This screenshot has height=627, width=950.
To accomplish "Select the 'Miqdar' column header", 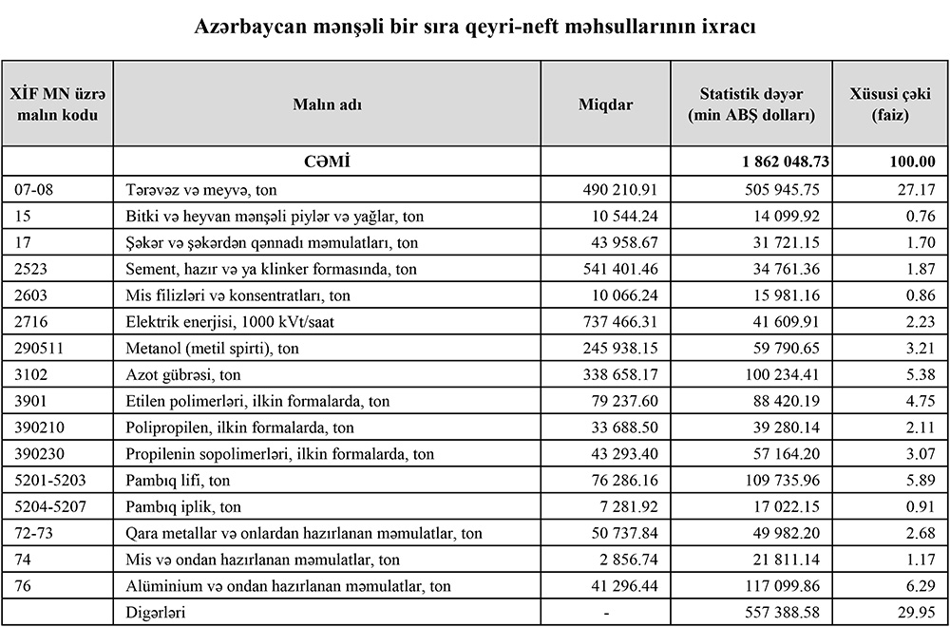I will click(x=605, y=104).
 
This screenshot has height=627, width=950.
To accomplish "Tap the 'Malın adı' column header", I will click(x=327, y=104).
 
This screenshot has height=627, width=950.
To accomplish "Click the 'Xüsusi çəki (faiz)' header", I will click(x=889, y=104).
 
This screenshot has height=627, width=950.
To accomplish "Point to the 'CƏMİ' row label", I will click(x=327, y=162).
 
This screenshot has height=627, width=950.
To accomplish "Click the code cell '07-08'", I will click(x=35, y=189).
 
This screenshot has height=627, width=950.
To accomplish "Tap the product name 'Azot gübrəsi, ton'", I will click(x=183, y=374).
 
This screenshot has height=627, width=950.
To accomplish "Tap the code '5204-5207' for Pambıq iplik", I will click(x=50, y=506).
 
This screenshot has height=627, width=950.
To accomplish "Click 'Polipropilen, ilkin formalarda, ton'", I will click(x=239, y=427).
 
